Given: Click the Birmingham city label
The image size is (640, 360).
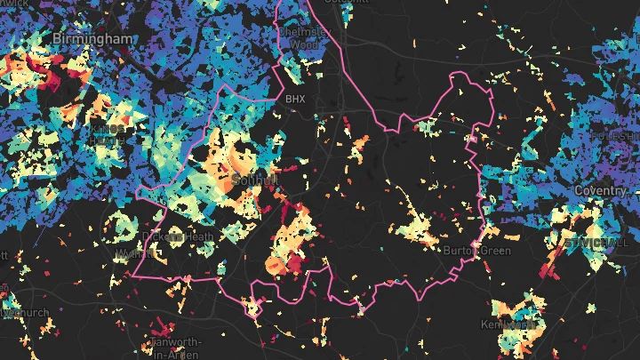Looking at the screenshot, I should pyautogui.click(x=93, y=39).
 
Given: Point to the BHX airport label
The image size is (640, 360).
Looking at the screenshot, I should pyautogui.click(x=294, y=99).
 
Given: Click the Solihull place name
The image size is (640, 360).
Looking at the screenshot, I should pyautogui.click(x=254, y=180).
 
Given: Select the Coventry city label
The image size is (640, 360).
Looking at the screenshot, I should pyautogui.click(x=601, y=191).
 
